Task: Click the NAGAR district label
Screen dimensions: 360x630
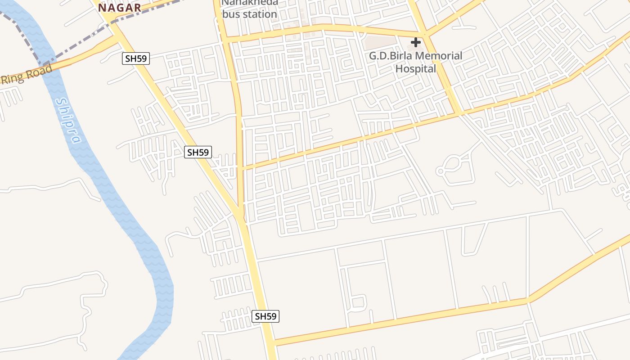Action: tap(120, 7)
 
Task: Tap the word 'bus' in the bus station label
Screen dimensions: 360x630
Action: tap(231, 14)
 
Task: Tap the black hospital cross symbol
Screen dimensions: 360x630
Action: tap(416, 42)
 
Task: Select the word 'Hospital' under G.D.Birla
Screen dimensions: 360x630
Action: tap(416, 68)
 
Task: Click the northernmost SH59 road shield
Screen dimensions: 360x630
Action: tap(135, 58)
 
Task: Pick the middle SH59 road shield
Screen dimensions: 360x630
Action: tap(198, 152)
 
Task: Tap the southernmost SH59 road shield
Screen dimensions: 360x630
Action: tap(265, 316)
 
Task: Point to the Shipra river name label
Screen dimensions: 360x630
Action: tap(68, 121)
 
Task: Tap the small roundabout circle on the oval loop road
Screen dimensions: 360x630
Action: tap(440, 171)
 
